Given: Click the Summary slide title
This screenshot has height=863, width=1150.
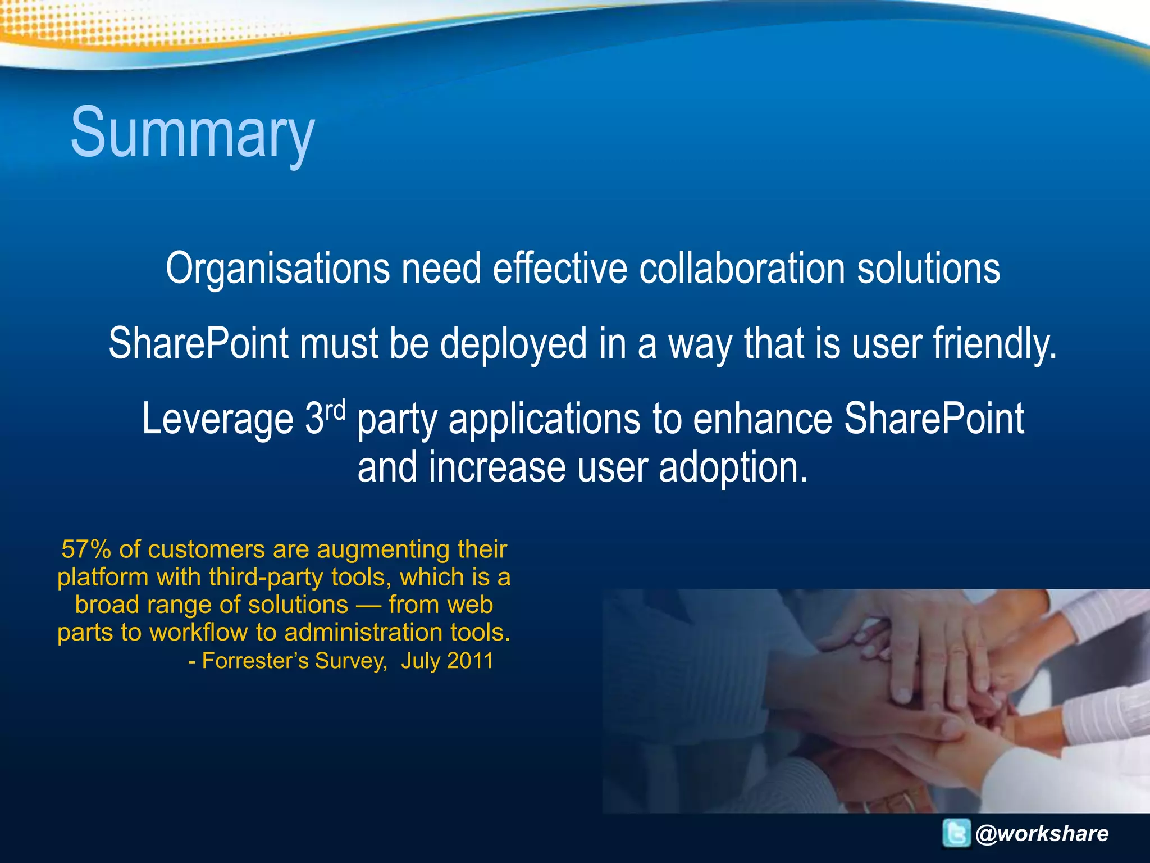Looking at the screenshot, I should click(x=192, y=134).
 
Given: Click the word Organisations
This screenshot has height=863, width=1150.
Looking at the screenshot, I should click(x=277, y=269).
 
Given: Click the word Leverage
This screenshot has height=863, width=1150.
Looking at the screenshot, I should click(x=217, y=419).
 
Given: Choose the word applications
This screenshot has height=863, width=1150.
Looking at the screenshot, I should click(x=545, y=419).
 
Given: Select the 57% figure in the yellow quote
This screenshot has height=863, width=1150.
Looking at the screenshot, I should click(x=86, y=549).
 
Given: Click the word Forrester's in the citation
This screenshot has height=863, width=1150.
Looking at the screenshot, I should click(x=254, y=661).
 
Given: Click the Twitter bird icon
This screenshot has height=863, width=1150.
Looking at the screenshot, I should click(x=956, y=833).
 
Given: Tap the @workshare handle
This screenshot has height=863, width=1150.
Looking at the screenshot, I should click(x=1042, y=833).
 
